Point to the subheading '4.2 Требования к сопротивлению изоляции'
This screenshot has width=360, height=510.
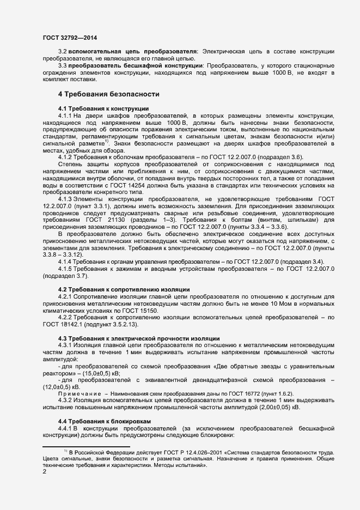point(124,288)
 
